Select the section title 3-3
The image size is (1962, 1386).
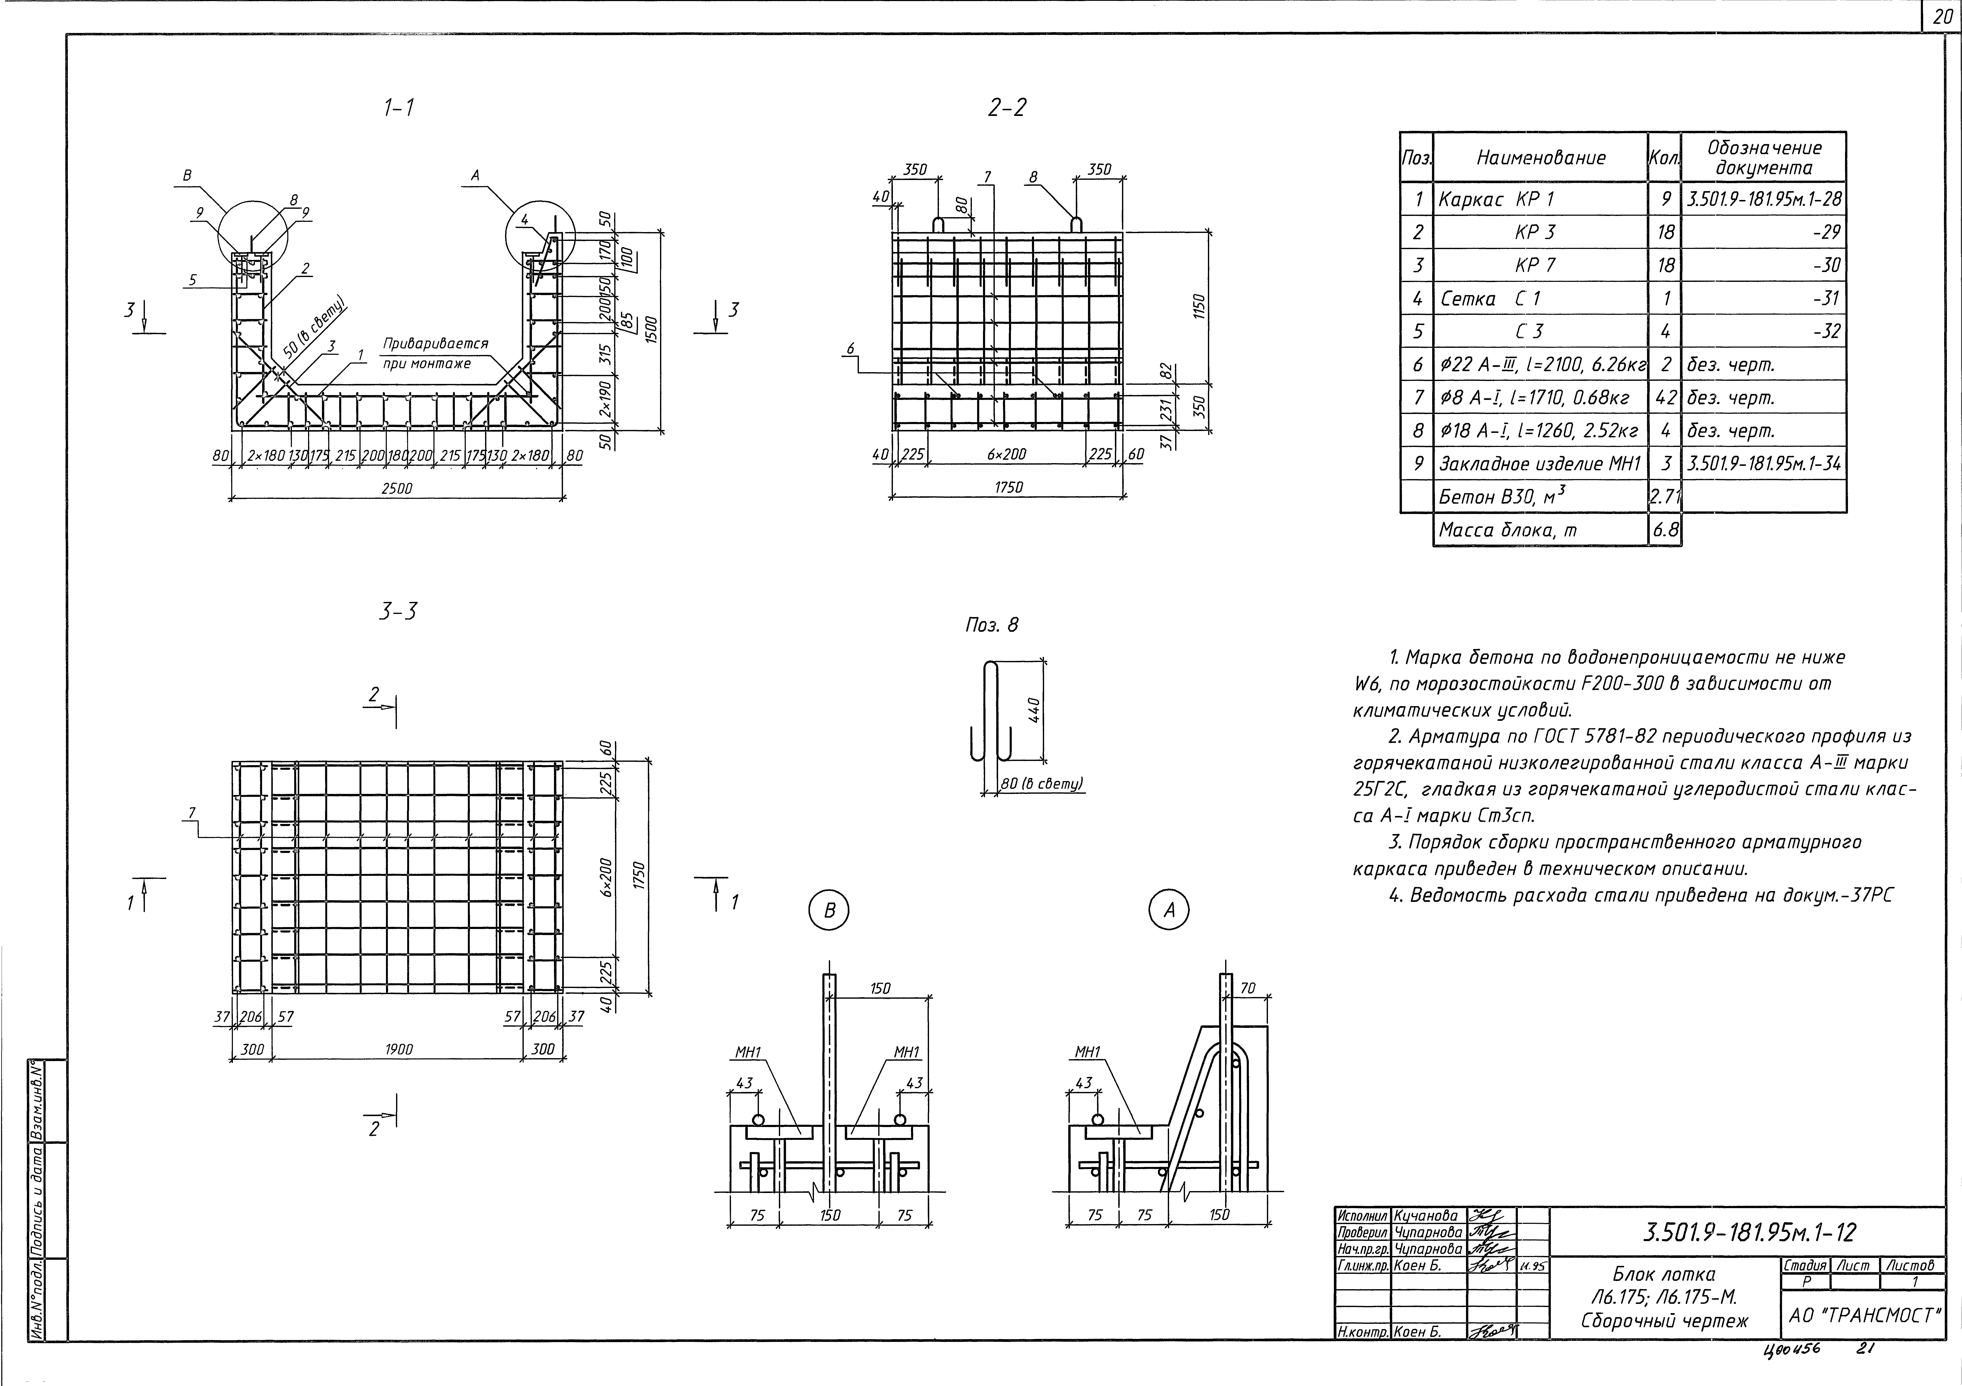click(398, 612)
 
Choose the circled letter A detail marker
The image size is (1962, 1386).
click(1169, 911)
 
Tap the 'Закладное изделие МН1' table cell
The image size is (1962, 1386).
click(1540, 464)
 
